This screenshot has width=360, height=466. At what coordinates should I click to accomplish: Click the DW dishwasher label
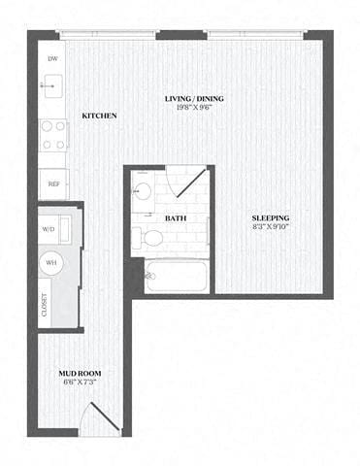(51, 59)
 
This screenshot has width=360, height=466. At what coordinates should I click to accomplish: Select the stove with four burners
(52, 133)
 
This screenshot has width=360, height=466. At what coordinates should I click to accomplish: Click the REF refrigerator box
(52, 182)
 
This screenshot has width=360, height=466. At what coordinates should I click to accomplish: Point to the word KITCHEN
(99, 116)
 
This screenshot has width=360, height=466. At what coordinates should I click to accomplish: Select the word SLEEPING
(268, 218)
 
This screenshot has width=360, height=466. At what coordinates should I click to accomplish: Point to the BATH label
(175, 218)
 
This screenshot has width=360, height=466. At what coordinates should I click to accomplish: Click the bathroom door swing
(187, 183)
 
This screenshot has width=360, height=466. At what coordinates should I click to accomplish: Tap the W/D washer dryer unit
(52, 230)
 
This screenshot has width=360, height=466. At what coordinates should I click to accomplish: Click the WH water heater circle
(52, 260)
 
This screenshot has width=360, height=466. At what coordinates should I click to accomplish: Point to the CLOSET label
(45, 305)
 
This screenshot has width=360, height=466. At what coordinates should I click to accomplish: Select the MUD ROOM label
(79, 373)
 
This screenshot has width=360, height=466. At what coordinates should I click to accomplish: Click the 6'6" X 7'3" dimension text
(79, 383)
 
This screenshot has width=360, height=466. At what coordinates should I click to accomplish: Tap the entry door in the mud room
(100, 417)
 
